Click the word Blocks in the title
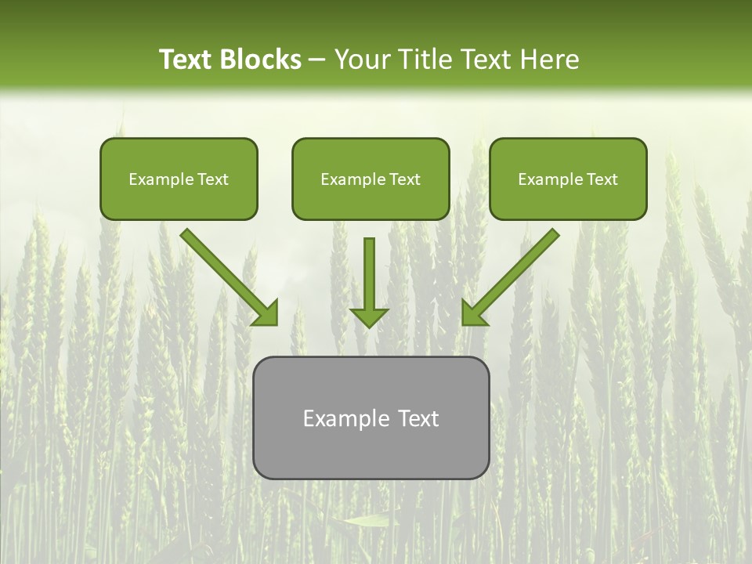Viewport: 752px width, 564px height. click(x=261, y=60)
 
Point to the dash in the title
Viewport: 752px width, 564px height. click(x=317, y=60)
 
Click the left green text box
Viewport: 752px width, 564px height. click(x=179, y=179)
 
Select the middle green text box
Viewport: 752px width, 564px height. click(x=371, y=179)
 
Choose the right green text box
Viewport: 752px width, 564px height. click(x=568, y=179)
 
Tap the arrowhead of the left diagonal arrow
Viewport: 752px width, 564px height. click(x=266, y=313)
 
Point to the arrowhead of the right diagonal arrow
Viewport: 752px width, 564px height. click(x=473, y=313)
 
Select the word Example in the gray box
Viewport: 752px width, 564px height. click(x=345, y=418)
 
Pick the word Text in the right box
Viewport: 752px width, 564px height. click(x=602, y=179)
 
